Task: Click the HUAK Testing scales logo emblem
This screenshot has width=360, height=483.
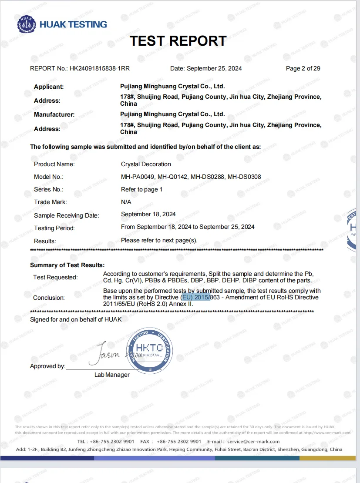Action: pos(27,25)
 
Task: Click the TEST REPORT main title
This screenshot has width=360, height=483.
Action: pos(178,41)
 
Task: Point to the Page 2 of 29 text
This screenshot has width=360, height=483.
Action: pos(303,68)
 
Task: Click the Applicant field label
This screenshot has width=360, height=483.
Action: pos(49,87)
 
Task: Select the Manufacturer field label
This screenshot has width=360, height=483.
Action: pos(54,114)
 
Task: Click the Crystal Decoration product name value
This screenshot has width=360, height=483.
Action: pos(146,164)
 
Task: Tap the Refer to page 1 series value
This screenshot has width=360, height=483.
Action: pos(141,189)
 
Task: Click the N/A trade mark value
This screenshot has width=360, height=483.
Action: pos(126,202)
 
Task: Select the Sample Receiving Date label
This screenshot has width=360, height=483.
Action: pos(67,215)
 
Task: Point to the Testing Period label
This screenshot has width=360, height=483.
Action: pos(54,228)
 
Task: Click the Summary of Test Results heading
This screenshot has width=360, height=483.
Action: pos(67,265)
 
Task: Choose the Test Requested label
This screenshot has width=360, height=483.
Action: pos(55,277)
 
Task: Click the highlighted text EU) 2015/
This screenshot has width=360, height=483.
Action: pos(196,297)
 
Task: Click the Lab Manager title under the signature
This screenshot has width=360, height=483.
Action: pos(112,375)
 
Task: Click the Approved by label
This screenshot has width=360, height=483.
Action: pos(47,366)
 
